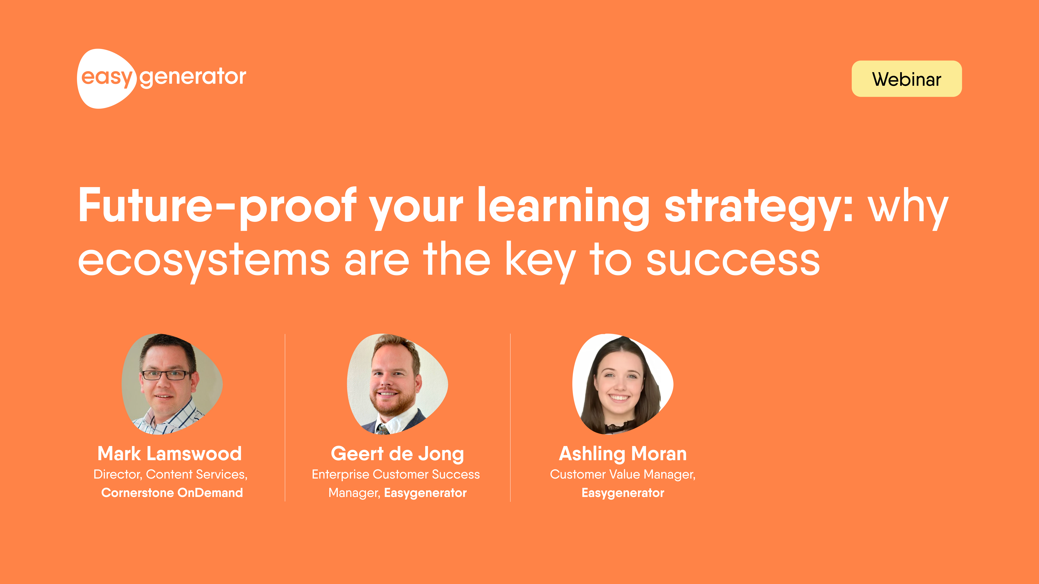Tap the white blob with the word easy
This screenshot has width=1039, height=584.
coord(106,79)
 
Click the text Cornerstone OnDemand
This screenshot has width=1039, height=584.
coord(172,492)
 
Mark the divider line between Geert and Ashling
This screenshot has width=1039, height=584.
coord(510,418)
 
